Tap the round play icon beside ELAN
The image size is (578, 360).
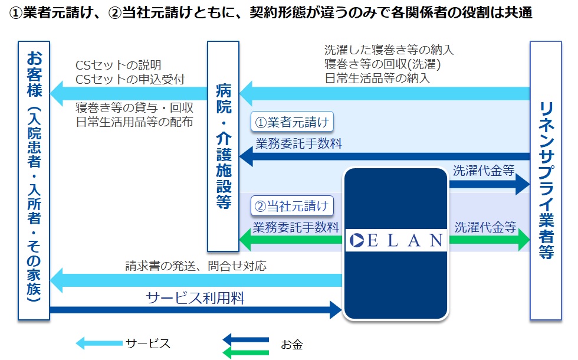356,241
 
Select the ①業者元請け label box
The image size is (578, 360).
292,122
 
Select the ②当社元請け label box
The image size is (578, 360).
292,206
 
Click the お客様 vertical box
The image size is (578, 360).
34,181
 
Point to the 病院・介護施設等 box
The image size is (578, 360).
223,146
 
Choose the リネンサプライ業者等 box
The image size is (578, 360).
546,181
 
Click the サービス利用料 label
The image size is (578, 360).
195,298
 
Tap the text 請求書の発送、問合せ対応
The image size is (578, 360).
196,266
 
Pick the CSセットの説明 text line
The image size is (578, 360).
119,66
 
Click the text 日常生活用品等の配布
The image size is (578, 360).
134,122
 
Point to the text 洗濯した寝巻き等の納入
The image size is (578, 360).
389,50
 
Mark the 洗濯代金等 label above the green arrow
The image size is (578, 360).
485,227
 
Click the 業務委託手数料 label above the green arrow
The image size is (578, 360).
295,227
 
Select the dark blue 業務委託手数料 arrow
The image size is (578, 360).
385,156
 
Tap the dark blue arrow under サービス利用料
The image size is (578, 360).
196,310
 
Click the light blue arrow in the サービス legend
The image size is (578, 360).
99,343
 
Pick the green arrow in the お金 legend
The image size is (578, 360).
247,352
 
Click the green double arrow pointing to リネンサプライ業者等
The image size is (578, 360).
489,240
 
